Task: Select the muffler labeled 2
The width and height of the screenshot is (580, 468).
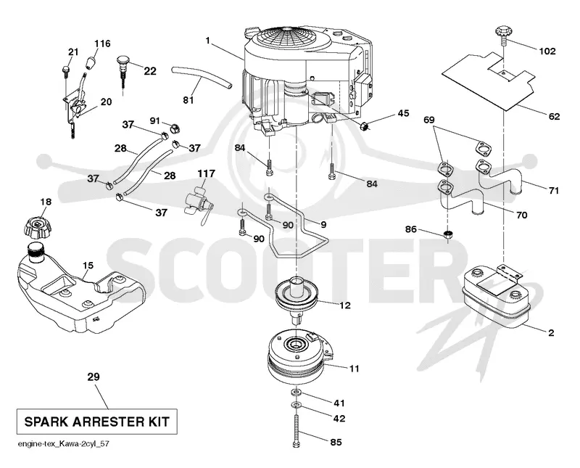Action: tap(496, 296)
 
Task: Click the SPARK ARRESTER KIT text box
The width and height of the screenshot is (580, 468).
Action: tap(96, 422)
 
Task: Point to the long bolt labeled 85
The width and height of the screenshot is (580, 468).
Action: tap(297, 431)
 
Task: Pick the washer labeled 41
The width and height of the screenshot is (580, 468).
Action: tap(297, 392)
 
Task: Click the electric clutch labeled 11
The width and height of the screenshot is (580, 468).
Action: tap(300, 358)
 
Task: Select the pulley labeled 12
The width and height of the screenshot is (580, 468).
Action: tap(297, 295)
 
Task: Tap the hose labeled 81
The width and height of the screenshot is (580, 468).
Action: tap(202, 77)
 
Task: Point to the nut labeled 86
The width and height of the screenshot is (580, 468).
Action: tap(448, 234)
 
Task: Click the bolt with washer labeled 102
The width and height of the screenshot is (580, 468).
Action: tap(504, 34)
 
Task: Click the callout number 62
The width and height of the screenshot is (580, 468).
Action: tap(554, 116)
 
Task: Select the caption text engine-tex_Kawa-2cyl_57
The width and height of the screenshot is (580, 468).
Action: tap(63, 443)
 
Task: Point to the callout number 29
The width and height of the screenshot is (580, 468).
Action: tap(94, 377)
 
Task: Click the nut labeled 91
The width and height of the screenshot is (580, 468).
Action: tap(175, 129)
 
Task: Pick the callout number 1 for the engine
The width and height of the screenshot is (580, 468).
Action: tap(208, 40)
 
